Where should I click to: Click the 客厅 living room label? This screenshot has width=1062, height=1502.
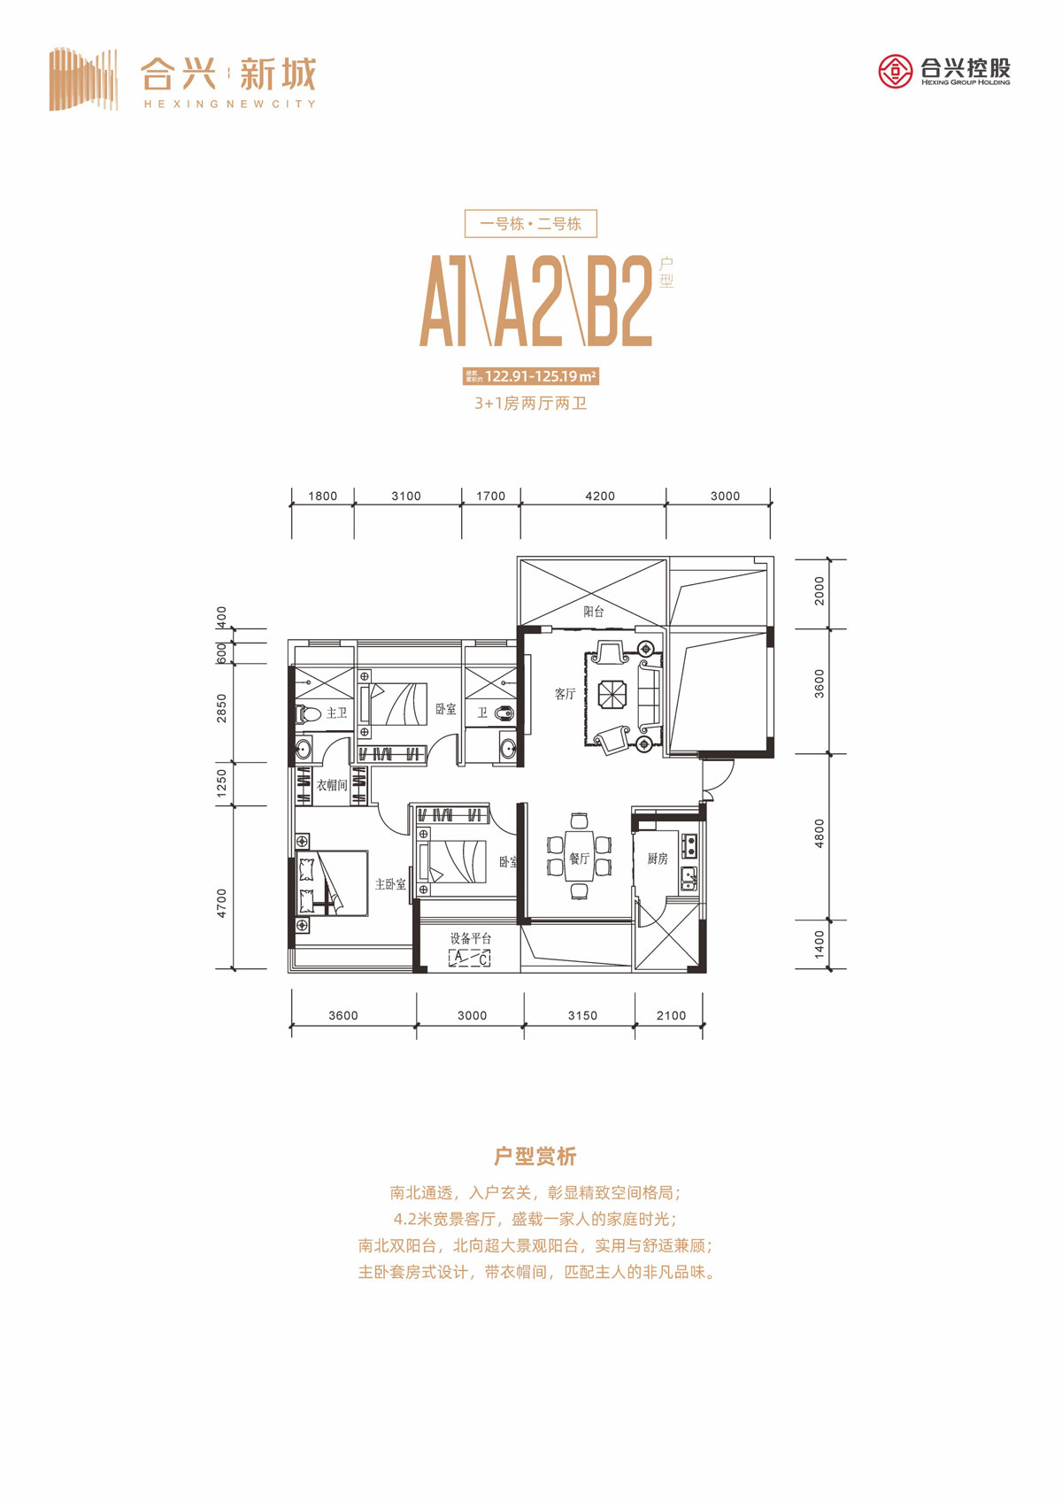click(x=565, y=694)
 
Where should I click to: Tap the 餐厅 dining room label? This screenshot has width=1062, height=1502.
click(x=579, y=859)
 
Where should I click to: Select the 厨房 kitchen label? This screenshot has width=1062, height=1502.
click(x=657, y=859)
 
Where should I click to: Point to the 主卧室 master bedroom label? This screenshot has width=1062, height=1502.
click(x=390, y=884)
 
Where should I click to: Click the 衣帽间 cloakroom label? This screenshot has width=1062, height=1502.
click(x=332, y=785)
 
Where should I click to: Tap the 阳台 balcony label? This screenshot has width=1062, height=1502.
click(x=594, y=612)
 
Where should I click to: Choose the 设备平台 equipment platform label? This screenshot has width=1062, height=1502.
click(x=470, y=938)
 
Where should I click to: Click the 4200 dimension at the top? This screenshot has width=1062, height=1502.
click(x=599, y=496)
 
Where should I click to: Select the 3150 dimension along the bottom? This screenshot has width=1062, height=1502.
click(x=582, y=1015)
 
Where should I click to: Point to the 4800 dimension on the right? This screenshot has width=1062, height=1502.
click(x=820, y=834)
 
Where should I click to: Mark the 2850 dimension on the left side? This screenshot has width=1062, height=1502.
click(x=222, y=708)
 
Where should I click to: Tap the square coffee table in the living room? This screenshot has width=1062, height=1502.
click(x=612, y=694)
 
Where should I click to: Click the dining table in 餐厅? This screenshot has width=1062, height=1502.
click(x=580, y=856)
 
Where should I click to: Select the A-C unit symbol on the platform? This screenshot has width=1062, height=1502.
click(x=470, y=958)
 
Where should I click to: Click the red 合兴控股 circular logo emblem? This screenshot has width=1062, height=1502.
click(x=895, y=71)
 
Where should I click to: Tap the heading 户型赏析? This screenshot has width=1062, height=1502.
click(x=535, y=1156)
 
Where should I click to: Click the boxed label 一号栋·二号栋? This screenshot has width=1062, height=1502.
click(x=531, y=224)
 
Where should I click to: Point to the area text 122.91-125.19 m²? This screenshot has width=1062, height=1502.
click(x=540, y=376)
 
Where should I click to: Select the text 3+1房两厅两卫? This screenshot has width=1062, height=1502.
click(x=531, y=404)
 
